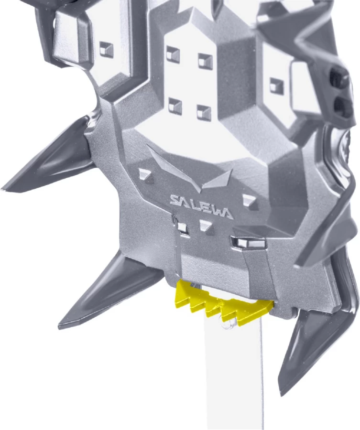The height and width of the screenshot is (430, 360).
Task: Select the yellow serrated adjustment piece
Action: coord(224,303)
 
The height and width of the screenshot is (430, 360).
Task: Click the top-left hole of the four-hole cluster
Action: coord(173,53)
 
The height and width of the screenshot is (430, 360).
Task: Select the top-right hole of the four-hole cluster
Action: coord(205,61)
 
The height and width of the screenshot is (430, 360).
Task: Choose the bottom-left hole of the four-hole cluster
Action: coord(175,106)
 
